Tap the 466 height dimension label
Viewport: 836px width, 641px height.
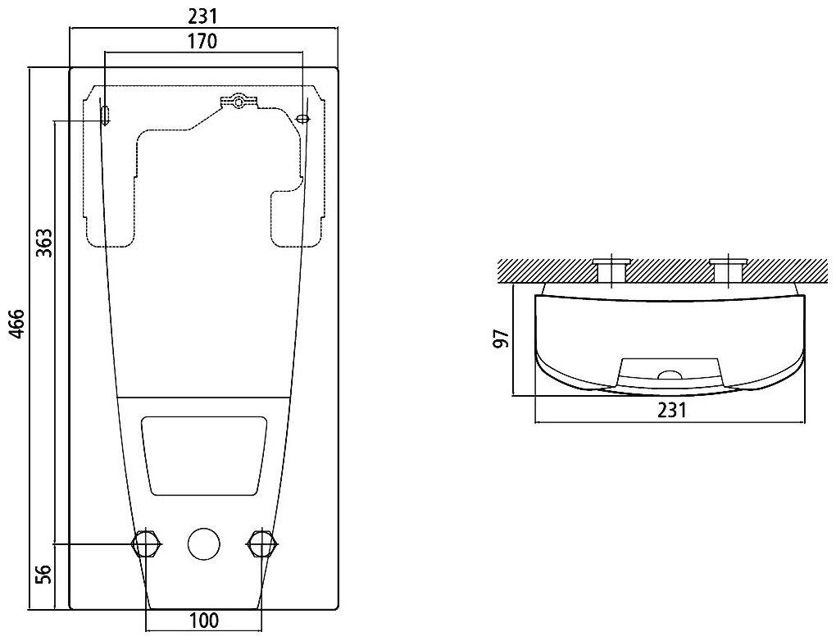pyautogui.click(x=15, y=334)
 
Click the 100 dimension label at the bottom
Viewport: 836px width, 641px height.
pyautogui.click(x=203, y=621)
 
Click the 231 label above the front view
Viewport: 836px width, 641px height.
pyautogui.click(x=202, y=14)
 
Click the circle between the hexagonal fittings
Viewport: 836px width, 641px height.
pyautogui.click(x=204, y=543)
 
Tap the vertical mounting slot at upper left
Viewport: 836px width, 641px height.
pyautogui.click(x=105, y=114)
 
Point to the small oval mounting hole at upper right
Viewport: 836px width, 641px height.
pyautogui.click(x=303, y=119)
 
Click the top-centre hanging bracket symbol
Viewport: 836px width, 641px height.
pyautogui.click(x=239, y=102)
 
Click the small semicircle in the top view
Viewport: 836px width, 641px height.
pyautogui.click(x=670, y=376)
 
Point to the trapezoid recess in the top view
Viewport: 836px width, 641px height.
pyautogui.click(x=670, y=370)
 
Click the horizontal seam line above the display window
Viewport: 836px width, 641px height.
pyautogui.click(x=204, y=397)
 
